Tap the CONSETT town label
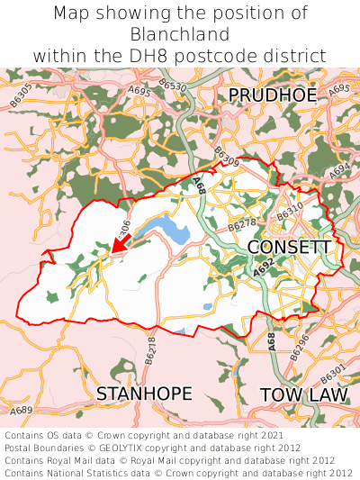coord(289,247)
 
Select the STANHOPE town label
coord(144,394)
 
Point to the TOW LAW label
coord(302,394)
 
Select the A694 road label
coord(339,168)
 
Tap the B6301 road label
coord(332,371)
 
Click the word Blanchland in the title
coord(180,34)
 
